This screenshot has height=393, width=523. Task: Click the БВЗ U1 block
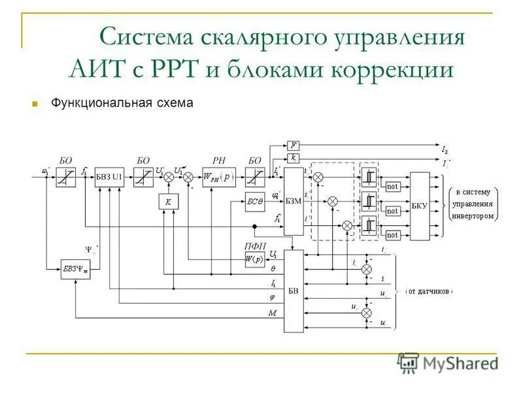[x=109, y=177]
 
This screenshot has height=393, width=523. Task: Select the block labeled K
[x=168, y=202]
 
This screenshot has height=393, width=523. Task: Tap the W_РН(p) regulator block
[x=218, y=177]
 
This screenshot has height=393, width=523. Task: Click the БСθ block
[x=255, y=202]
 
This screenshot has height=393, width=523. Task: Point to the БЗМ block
[x=294, y=201]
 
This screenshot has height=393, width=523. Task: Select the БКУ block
[x=419, y=205]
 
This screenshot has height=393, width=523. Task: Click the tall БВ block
[x=294, y=291]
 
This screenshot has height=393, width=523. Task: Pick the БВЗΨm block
[x=76, y=270]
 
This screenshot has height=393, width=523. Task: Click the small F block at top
[x=294, y=145]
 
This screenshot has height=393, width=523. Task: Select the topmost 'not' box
[x=392, y=187]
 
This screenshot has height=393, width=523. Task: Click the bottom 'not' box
[x=392, y=234]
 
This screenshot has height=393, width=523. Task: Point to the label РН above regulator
[x=218, y=160]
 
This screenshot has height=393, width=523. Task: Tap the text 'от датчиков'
[x=429, y=291]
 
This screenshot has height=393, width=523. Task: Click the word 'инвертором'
[x=473, y=216]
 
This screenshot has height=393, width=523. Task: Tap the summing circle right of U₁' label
[x=188, y=177]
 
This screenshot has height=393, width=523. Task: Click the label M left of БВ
[x=272, y=313]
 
